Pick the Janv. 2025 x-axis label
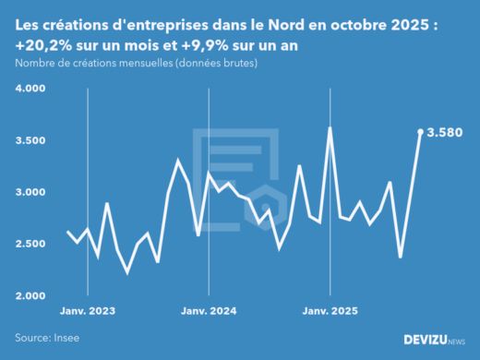tap(330, 311)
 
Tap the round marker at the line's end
tap(421, 132)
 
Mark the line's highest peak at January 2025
tap(330, 128)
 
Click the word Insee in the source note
tap(66, 338)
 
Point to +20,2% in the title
tap(45, 45)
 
